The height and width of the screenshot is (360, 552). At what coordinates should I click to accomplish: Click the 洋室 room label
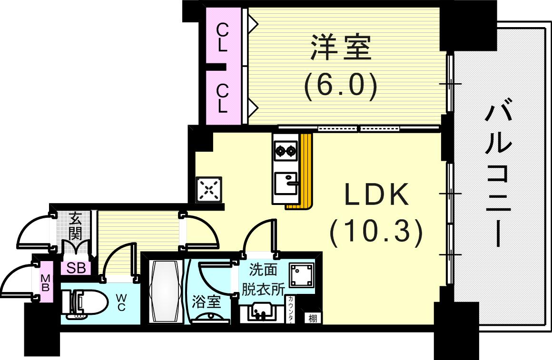click(x=341, y=47)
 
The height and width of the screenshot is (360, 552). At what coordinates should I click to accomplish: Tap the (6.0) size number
click(x=341, y=86)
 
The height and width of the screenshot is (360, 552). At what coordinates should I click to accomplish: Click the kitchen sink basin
click(x=286, y=184)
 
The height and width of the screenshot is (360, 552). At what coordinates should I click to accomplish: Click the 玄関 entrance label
click(x=75, y=226)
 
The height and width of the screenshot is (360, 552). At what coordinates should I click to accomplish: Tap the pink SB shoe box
click(x=76, y=268)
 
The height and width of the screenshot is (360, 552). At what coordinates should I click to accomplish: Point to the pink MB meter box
click(x=46, y=282)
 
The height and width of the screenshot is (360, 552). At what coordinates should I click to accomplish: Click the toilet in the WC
click(x=81, y=304)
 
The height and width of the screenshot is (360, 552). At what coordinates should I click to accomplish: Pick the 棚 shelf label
click(x=312, y=318)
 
